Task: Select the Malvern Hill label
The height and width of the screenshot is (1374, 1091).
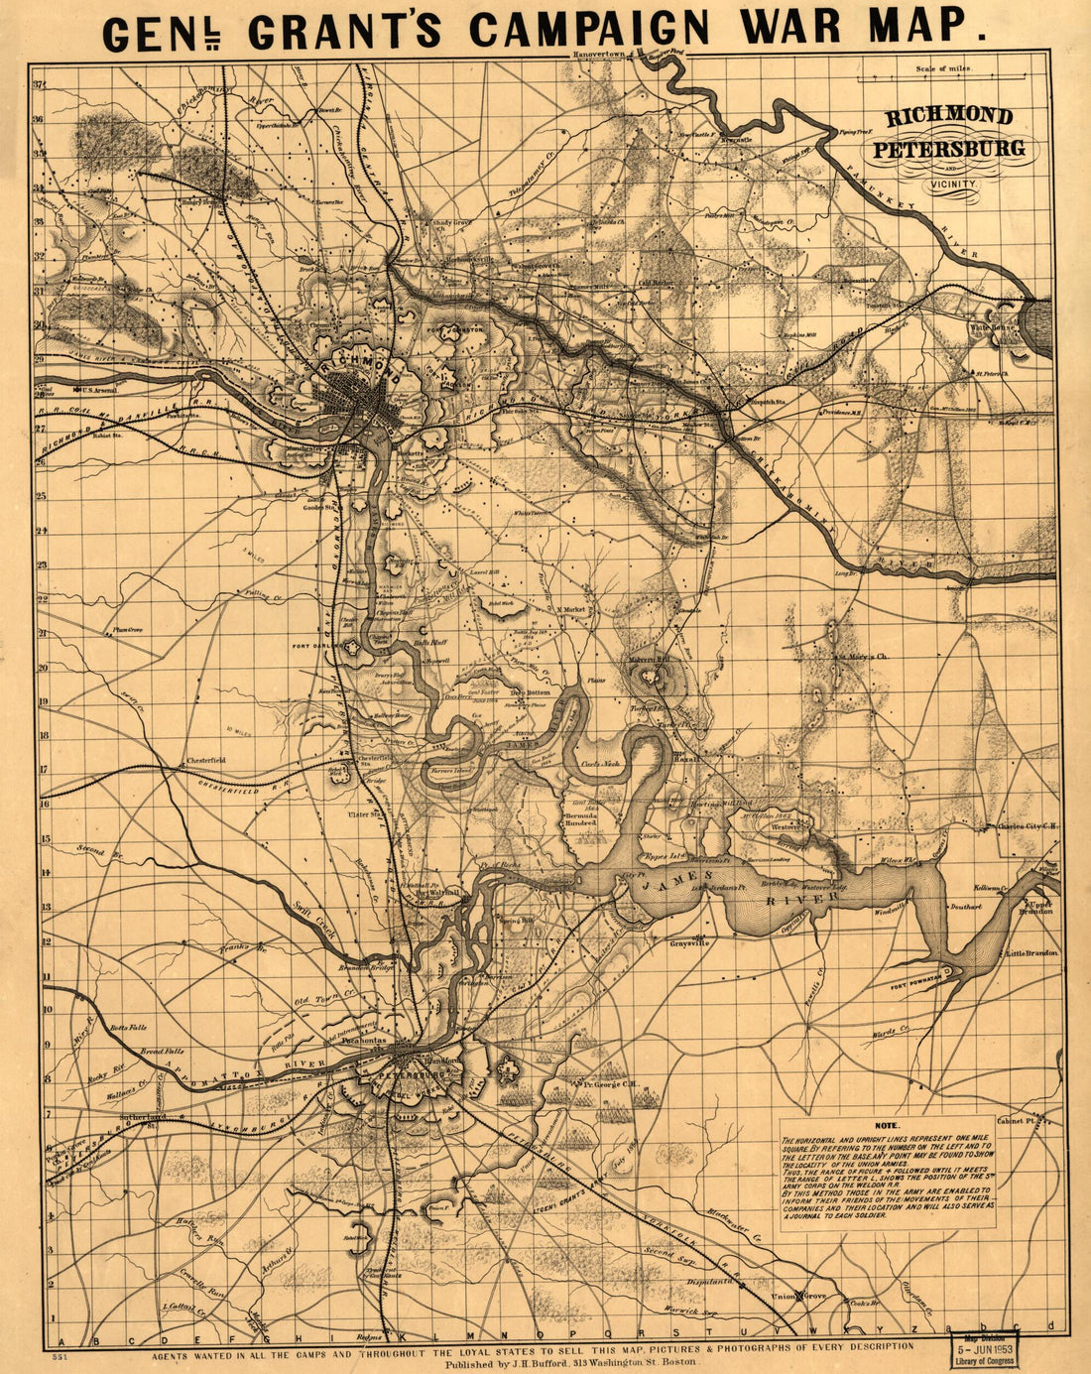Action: (x=651, y=659)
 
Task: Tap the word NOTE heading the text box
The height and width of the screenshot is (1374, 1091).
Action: (x=886, y=1126)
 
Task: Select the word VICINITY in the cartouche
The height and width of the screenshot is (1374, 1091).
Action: (x=953, y=184)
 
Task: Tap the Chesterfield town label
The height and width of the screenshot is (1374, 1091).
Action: (x=206, y=761)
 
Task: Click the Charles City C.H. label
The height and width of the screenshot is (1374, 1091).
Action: (x=1025, y=824)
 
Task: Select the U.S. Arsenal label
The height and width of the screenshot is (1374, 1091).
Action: (x=96, y=391)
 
